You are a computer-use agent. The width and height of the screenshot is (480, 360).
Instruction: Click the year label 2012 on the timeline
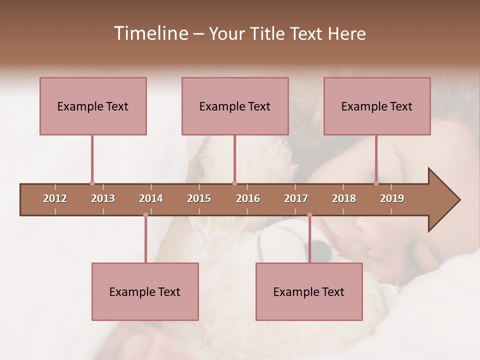coord(55,198)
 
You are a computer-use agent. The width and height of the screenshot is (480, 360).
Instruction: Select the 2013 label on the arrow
coord(103,198)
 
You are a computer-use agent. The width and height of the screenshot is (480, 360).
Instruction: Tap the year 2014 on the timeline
coord(151,198)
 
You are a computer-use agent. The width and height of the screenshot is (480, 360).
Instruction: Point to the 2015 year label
coord(199,198)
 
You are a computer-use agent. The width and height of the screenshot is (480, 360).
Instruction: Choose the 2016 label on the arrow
coord(248,198)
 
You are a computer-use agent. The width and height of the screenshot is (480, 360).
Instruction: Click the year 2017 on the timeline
coord(296,198)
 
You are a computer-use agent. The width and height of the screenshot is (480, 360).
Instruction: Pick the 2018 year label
coord(344,198)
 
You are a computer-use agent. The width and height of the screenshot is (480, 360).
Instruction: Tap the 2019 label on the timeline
coord(392,198)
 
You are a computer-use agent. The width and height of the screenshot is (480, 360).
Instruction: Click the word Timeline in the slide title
coord(150,33)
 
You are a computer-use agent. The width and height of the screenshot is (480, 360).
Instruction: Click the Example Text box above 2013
coord(93,106)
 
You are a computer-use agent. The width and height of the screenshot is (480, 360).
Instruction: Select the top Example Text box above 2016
coord(235,106)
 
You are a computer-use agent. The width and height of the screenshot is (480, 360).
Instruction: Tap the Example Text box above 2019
coord(377,106)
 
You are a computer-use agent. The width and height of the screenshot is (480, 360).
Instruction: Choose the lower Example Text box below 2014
coord(145,291)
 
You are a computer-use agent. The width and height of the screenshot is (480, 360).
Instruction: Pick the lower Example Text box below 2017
coord(309,291)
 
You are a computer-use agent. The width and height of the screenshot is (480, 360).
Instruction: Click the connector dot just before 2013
coord(92,183)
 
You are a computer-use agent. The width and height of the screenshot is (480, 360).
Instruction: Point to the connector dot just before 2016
coord(234,183)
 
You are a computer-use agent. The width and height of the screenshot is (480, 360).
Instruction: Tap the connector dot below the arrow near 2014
coord(145,215)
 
